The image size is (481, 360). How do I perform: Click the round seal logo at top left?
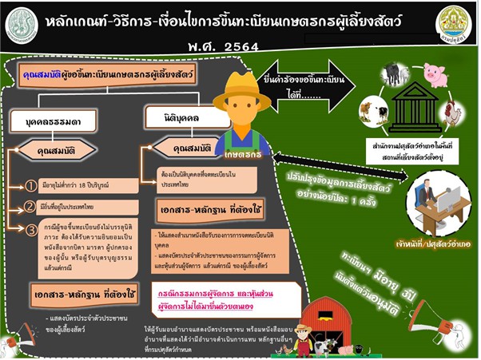[x=22, y=24]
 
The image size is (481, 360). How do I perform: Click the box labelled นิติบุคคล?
[x=173, y=117]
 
